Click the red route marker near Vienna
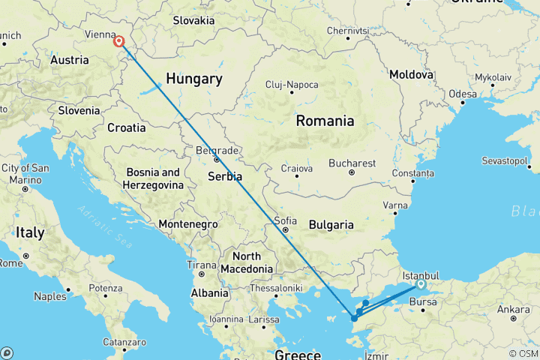[119, 42]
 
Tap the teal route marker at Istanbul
[421, 284]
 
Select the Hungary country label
[194, 79]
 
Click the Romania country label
[325, 121]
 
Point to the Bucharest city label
[351, 163]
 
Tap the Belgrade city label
[216, 150]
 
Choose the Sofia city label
[285, 220]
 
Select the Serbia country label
[226, 177]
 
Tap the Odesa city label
[463, 94]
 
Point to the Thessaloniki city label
[276, 287]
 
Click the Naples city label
[50, 296]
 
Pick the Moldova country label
[411, 75]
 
